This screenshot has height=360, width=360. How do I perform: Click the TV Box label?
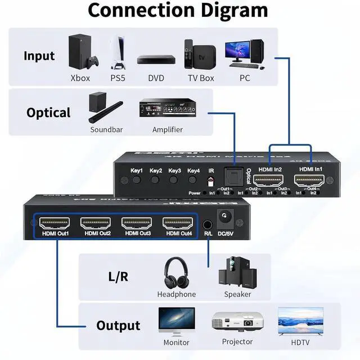[x=201, y=78]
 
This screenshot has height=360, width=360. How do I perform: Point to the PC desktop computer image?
[x=244, y=54]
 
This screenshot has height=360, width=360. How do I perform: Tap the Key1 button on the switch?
[x=137, y=181]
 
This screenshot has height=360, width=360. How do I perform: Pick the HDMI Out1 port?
[x=55, y=224]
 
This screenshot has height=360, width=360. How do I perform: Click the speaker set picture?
[x=237, y=272]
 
